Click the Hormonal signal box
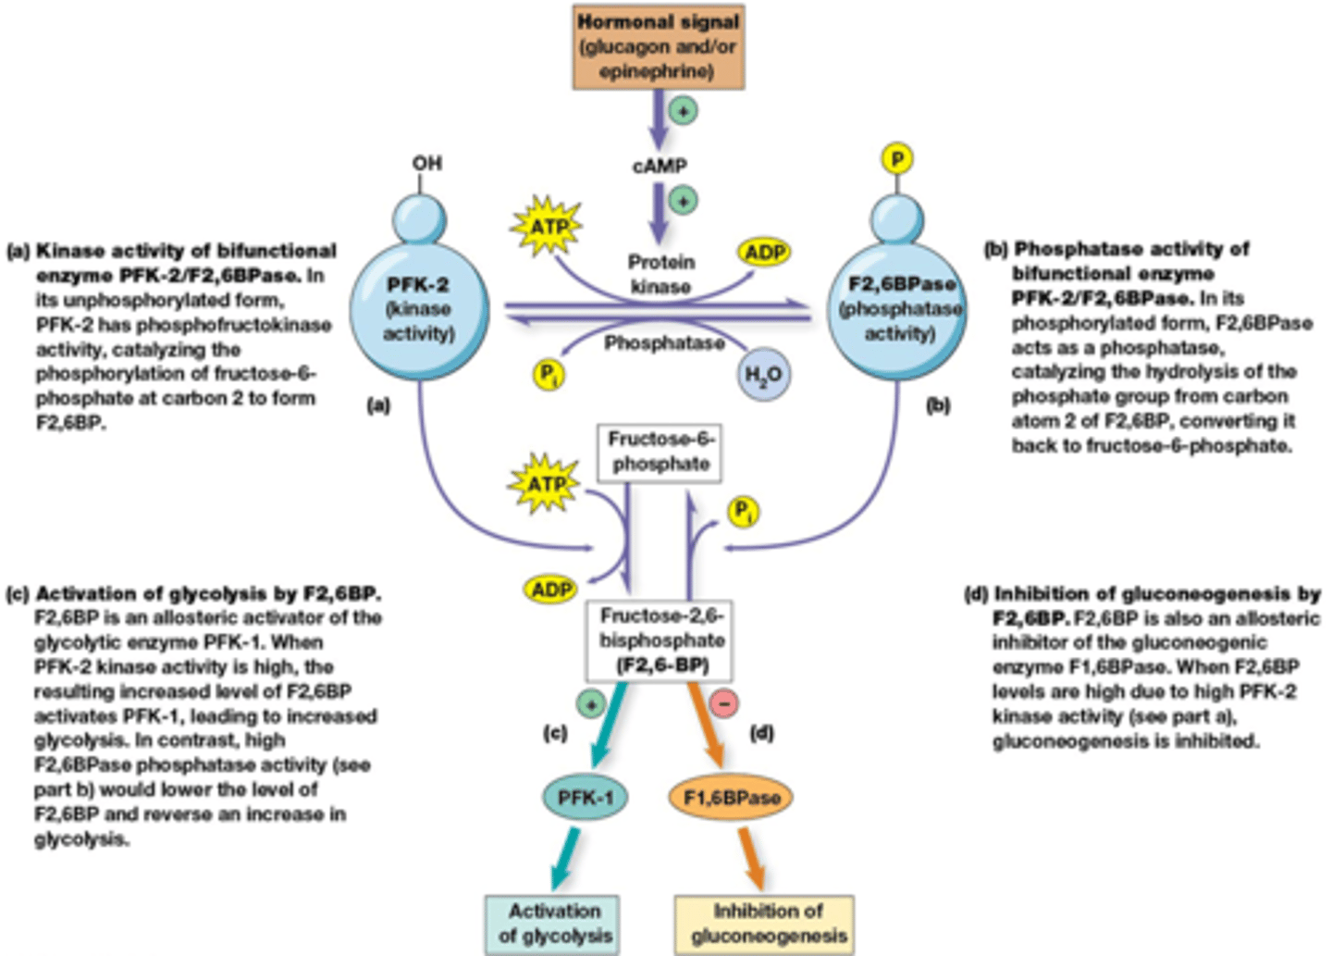(658, 46)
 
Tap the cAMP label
(659, 166)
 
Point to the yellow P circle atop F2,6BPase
(895, 159)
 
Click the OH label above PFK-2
(426, 163)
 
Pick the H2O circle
(763, 375)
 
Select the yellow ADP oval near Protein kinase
(764, 252)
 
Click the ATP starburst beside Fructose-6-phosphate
(546, 483)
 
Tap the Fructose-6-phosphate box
(659, 452)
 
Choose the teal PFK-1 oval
(584, 797)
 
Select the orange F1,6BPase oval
(731, 797)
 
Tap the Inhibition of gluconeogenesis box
(767, 923)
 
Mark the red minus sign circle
(723, 703)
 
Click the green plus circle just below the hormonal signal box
(683, 111)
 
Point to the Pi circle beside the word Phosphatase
(549, 374)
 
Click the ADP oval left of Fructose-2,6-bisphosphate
(550, 590)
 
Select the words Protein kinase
(660, 274)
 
